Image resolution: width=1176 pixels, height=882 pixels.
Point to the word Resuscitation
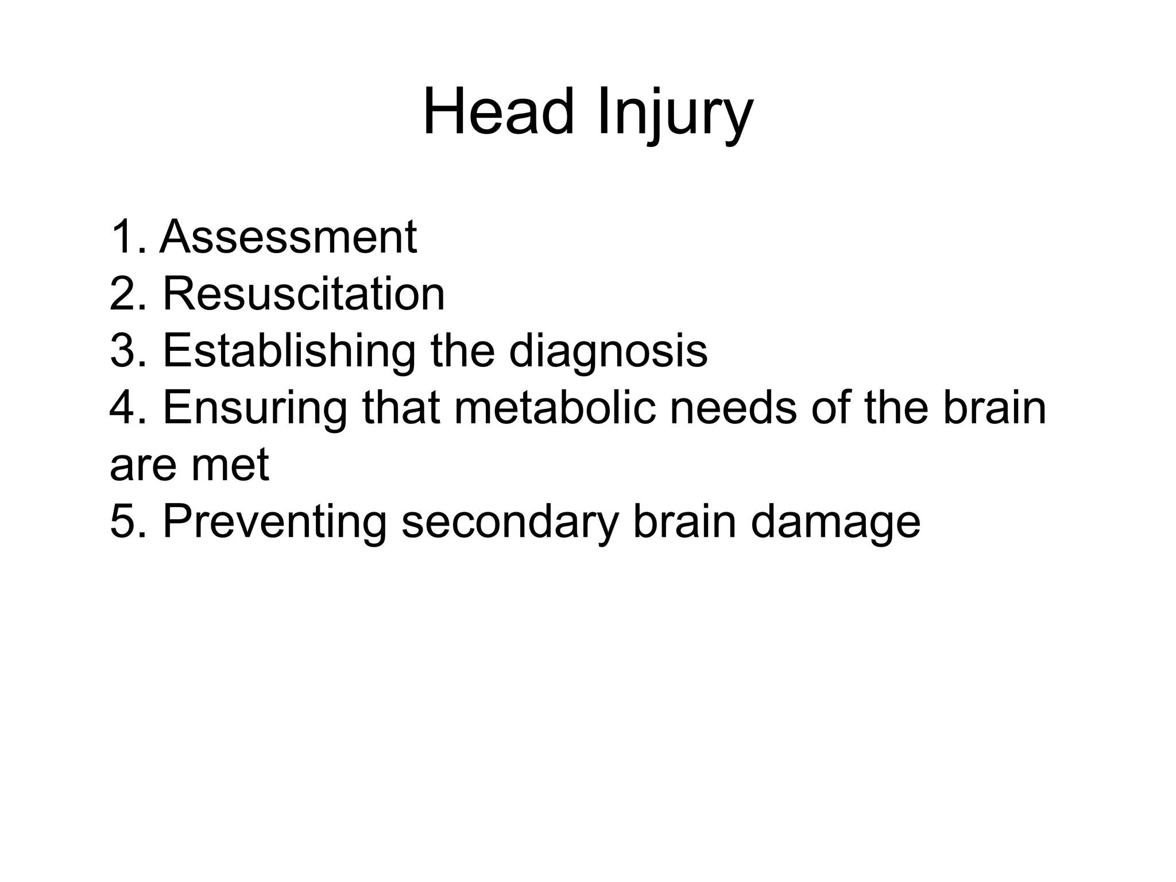coord(304,294)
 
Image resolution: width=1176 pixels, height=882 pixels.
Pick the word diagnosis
coord(608,353)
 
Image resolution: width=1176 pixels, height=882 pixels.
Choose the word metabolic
coord(555,408)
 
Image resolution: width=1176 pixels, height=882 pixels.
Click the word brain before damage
coord(684,523)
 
